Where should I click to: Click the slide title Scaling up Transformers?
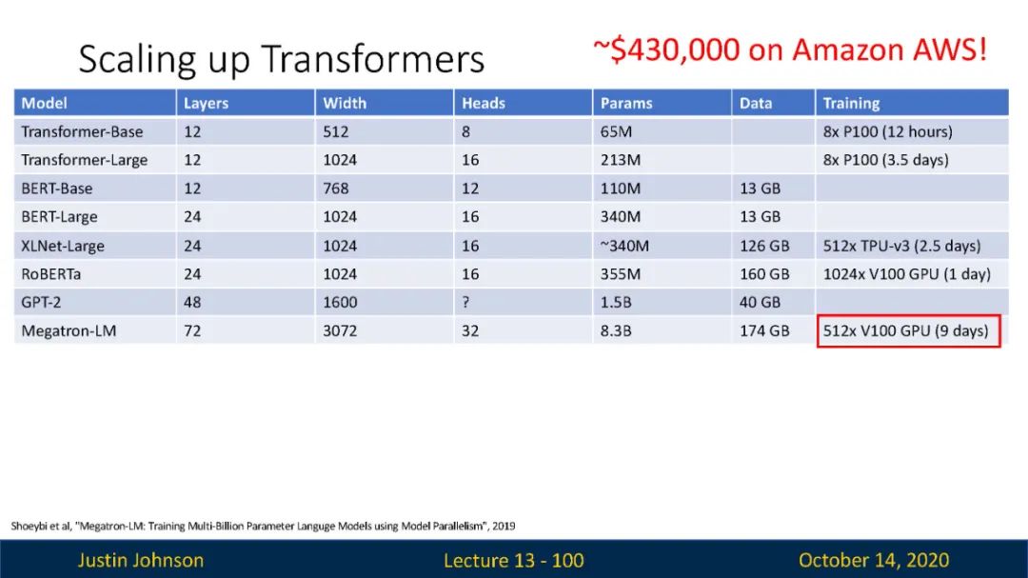[281, 59]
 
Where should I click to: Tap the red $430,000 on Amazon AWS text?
[790, 50]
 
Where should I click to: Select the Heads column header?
[484, 103]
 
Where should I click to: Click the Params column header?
[626, 103]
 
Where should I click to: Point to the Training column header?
[851, 103]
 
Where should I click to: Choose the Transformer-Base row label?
[82, 131]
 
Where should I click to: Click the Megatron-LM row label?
[69, 330]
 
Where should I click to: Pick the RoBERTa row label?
[51, 274]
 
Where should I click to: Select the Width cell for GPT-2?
[340, 303]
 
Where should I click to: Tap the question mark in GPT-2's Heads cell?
[465, 303]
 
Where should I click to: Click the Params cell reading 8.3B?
[616, 330]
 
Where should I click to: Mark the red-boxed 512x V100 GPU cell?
[909, 330]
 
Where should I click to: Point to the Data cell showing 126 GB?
[764, 246]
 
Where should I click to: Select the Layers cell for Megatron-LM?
[192, 330]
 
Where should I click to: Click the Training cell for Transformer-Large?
[885, 160]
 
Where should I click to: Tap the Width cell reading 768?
[335, 189]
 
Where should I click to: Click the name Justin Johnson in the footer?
[141, 560]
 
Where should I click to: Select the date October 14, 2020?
[873, 560]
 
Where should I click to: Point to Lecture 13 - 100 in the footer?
[513, 560]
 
